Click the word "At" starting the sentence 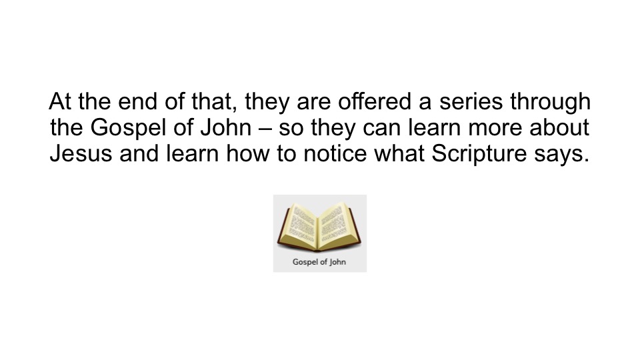pyautogui.click(x=59, y=101)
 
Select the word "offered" pyautogui.click(x=374, y=101)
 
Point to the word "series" pyautogui.click(x=471, y=101)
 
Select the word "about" pyautogui.click(x=559, y=127)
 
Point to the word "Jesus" pyautogui.click(x=81, y=153)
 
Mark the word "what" pyautogui.click(x=399, y=153)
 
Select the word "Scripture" pyautogui.click(x=479, y=155)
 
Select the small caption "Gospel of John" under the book pyautogui.click(x=319, y=262)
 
